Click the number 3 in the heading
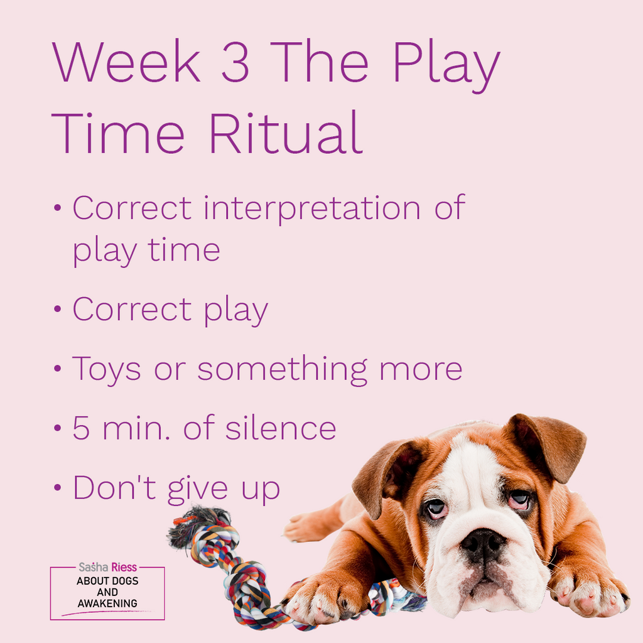(235, 62)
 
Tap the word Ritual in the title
(286, 133)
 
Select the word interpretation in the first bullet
(312, 209)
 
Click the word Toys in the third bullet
(107, 370)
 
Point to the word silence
(281, 427)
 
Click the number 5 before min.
(81, 428)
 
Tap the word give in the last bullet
(197, 489)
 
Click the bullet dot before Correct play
(57, 309)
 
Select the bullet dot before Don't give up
(57, 487)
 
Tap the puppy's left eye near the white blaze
(436, 507)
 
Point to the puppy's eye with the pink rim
(520, 499)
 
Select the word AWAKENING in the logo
(107, 603)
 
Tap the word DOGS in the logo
(125, 581)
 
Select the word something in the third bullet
(282, 370)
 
